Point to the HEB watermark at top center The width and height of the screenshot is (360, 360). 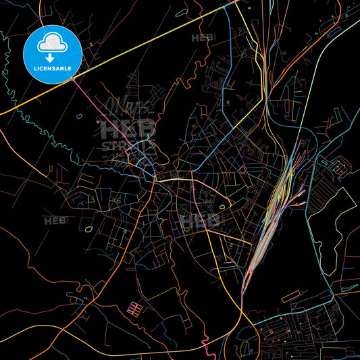point(203,38)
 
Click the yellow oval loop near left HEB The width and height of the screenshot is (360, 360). point(90,228)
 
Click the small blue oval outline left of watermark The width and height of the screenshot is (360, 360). point(79,116)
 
